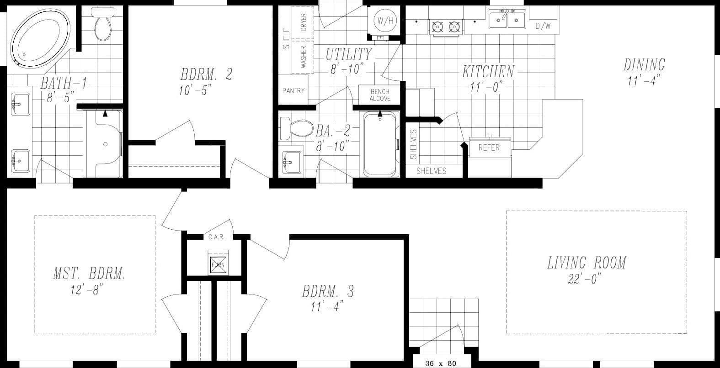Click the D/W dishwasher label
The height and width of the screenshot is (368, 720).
[x=543, y=26]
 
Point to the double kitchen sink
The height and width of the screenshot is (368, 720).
[x=507, y=19]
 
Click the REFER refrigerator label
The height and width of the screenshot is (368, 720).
[x=489, y=147]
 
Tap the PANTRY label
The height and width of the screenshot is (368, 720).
[x=293, y=91]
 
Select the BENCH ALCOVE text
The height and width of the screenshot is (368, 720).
[x=379, y=95]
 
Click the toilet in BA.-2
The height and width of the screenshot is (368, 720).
[x=295, y=128]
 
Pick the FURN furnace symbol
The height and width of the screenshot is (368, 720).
[x=218, y=263]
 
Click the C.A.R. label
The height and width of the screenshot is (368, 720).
[x=216, y=237]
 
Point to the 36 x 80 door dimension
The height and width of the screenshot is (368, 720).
[x=440, y=363]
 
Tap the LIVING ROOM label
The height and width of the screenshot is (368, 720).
[x=587, y=263]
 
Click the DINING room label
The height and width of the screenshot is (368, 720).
[x=644, y=65]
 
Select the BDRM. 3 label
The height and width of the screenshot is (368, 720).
[x=328, y=291]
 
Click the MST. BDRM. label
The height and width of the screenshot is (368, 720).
[x=89, y=274]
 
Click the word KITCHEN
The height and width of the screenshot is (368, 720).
[x=488, y=71]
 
